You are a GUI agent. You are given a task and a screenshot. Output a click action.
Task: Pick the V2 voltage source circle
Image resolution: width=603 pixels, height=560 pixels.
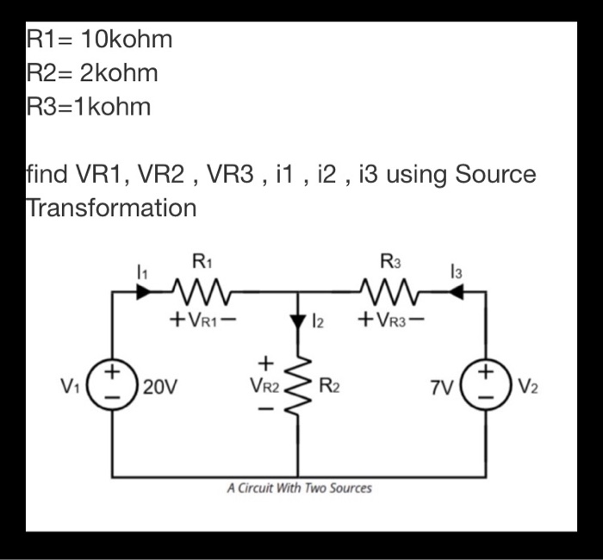487,384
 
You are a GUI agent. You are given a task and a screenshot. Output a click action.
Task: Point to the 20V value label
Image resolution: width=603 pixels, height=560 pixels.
161,386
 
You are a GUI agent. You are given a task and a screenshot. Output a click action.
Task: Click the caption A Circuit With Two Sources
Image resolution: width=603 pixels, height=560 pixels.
300,488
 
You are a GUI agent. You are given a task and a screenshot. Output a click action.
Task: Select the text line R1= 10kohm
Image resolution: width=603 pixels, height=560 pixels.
100,40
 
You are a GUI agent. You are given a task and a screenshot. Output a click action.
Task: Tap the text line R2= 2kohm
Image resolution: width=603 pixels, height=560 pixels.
93,73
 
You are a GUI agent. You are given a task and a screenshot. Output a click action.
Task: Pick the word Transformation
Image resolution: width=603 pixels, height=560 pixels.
111,208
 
